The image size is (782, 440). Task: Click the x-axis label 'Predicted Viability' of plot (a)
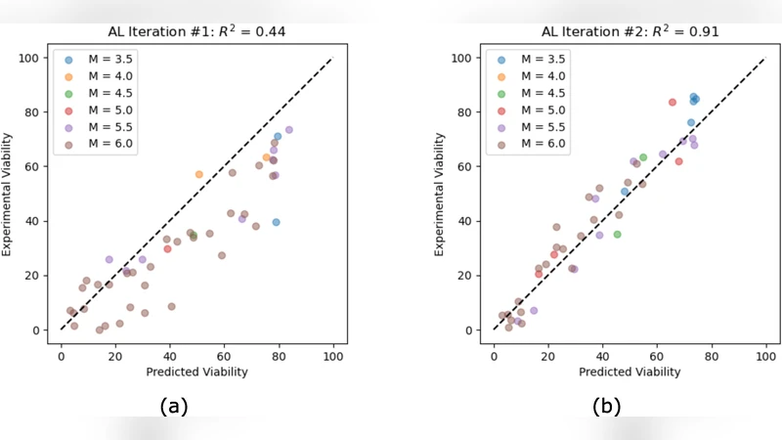[x=196, y=372]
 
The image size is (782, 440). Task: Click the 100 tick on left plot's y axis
[x=35, y=58]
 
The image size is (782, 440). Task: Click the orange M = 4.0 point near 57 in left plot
[x=198, y=174]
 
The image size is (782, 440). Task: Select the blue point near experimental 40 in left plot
[x=277, y=222]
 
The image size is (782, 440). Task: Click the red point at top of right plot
[x=673, y=102]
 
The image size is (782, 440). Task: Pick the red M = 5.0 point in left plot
[x=167, y=248]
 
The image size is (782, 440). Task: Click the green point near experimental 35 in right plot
[x=617, y=235]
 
